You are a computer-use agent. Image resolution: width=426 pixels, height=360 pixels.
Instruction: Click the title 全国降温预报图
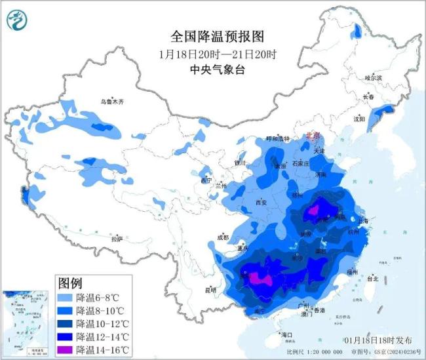[212, 37]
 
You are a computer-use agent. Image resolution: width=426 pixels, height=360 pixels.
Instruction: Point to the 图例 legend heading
[71, 283]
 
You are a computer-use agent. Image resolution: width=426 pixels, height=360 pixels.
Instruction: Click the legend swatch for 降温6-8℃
[66, 297]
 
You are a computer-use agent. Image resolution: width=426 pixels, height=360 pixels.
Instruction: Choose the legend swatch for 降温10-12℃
[66, 323]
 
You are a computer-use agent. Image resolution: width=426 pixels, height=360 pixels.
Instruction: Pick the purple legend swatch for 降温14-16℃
[66, 350]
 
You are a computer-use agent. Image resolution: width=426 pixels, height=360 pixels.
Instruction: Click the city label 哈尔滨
[372, 77]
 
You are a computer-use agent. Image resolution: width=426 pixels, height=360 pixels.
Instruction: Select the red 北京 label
[315, 136]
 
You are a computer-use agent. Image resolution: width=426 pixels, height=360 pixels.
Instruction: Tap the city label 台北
[373, 278]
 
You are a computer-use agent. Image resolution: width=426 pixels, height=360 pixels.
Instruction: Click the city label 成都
[223, 237]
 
